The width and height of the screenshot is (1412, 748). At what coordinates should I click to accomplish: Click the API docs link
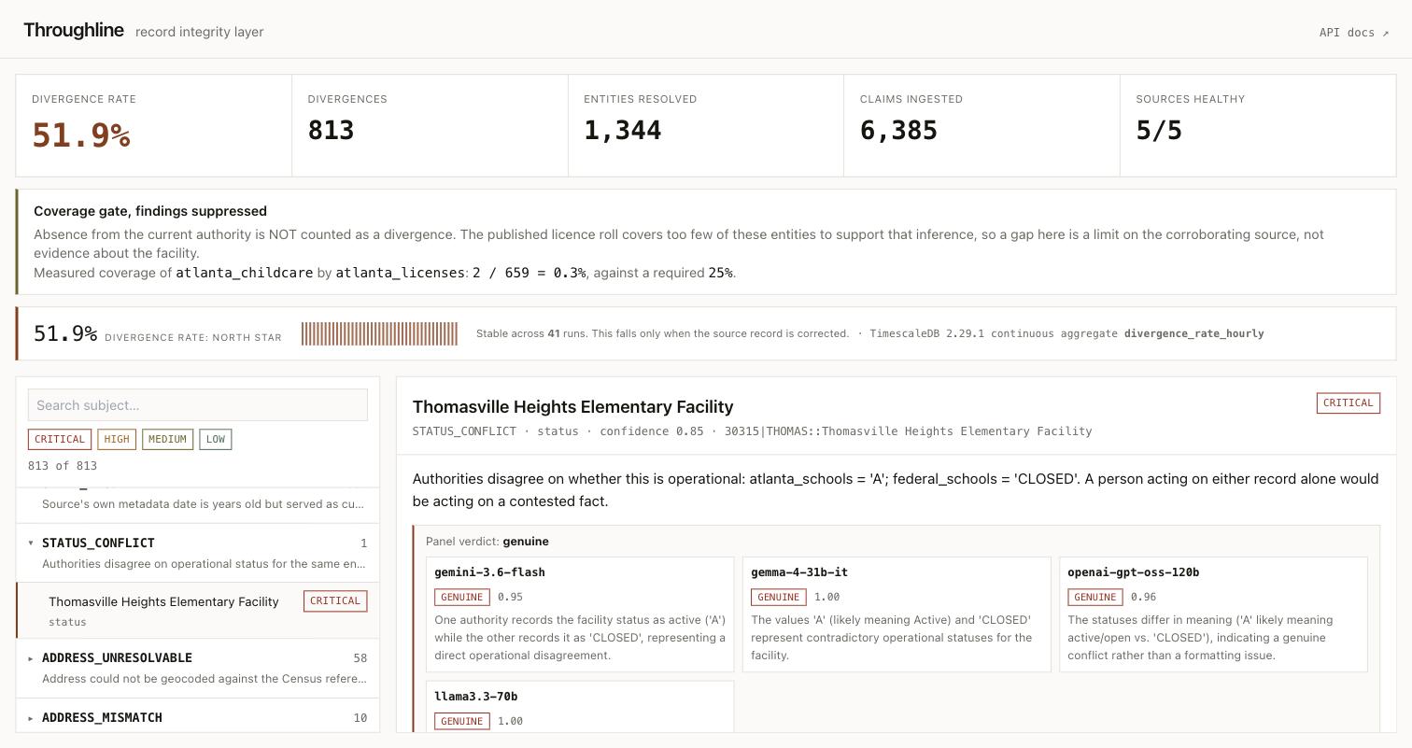tap(1353, 32)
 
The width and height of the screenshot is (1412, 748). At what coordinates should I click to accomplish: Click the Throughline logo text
tap(73, 30)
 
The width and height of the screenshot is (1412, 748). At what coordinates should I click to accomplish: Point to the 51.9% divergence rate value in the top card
tap(81, 134)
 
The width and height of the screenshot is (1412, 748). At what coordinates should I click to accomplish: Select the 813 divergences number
tap(331, 131)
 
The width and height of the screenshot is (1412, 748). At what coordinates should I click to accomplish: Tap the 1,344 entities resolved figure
tap(622, 131)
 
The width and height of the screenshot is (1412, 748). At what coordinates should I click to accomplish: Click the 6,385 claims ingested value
tap(898, 131)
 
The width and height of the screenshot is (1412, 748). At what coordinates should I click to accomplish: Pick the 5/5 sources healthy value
tap(1159, 131)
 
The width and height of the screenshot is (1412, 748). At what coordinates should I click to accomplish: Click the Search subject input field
tap(197, 405)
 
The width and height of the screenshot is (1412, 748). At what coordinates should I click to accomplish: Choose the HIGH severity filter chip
tap(117, 439)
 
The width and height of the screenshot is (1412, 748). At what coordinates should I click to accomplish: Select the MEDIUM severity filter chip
tap(168, 439)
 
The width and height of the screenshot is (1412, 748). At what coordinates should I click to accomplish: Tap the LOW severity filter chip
tap(216, 439)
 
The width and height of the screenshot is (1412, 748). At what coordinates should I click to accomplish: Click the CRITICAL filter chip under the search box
tap(59, 439)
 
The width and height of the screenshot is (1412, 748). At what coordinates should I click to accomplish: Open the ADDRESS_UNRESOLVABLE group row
tap(197, 668)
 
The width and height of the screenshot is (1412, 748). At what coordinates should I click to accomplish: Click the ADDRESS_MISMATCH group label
tap(102, 718)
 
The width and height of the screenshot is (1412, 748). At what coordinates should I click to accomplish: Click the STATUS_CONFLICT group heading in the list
tap(98, 543)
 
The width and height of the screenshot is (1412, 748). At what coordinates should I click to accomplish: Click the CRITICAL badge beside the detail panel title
tap(1348, 403)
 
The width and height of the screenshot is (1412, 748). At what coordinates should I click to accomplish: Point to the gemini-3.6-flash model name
tap(489, 572)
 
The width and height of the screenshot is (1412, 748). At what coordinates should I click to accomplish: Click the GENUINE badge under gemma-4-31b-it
tap(779, 597)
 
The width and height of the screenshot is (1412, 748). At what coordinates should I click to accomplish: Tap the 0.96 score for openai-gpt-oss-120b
tap(1143, 597)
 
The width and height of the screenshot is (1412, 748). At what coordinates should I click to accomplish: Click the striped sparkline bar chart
tap(379, 334)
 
